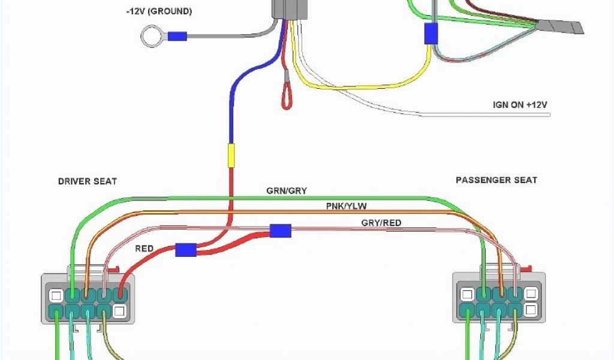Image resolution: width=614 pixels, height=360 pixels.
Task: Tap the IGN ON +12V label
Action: point(520,105)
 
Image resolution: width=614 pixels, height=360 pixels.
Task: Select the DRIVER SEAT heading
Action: point(88,181)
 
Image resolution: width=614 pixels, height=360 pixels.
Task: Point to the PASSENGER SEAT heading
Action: point(496,180)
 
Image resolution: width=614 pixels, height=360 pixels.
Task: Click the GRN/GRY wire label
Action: point(287,191)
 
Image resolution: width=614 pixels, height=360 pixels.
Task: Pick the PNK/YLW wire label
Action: point(346,206)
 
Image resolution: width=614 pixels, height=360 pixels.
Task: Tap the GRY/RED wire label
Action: point(381,223)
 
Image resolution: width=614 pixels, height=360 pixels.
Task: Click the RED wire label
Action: point(144,248)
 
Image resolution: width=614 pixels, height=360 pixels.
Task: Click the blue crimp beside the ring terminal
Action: point(176,37)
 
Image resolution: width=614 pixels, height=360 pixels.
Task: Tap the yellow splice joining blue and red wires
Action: point(230,155)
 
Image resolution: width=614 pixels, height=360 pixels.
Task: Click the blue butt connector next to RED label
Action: point(186,250)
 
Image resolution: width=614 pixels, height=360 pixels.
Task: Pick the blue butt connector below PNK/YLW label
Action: point(280,230)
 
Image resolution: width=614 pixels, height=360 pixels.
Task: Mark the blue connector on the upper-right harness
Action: point(431,34)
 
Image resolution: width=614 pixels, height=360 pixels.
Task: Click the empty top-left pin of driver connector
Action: point(56,295)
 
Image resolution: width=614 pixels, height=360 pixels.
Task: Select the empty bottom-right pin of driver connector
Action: point(119,311)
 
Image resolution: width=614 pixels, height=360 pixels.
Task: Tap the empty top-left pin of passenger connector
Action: point(466,295)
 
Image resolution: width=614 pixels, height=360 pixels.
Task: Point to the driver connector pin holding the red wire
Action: point(119,295)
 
